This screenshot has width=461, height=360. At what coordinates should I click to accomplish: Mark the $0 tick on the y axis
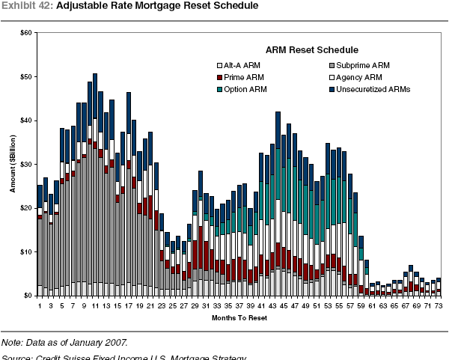(x=28, y=296)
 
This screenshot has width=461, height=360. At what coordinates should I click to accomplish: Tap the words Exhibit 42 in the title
(x=26, y=6)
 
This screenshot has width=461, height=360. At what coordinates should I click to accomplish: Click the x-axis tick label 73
(x=439, y=305)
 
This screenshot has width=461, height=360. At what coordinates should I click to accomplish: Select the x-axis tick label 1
(x=40, y=305)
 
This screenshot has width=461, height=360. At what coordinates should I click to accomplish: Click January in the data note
(x=82, y=343)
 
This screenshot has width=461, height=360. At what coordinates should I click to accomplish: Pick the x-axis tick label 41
(x=260, y=305)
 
